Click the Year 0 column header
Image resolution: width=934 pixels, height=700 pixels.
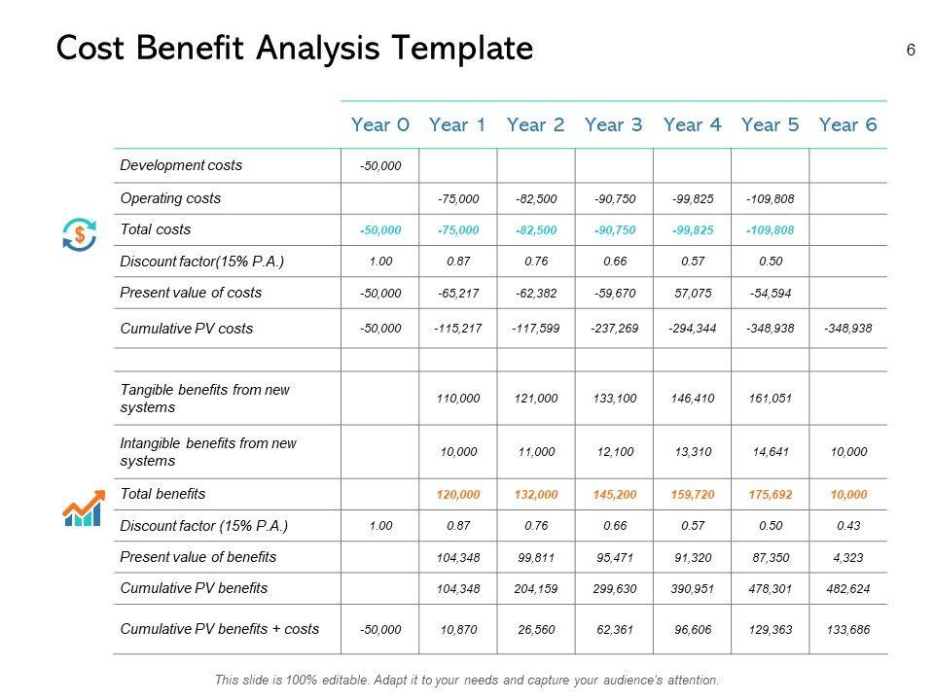[379, 124]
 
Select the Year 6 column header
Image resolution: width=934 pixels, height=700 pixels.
[848, 124]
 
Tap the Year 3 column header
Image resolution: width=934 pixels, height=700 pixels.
[614, 124]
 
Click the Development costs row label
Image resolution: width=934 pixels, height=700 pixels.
[181, 165]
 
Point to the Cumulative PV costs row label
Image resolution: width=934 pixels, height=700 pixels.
[186, 329]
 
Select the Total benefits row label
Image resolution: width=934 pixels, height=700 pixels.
[162, 494]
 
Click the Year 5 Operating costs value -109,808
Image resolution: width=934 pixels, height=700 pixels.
[771, 199]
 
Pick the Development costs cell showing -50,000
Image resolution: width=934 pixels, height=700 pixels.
[379, 166]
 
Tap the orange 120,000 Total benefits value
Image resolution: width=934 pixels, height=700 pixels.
[458, 495]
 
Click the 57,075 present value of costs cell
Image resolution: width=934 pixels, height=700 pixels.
[693, 293]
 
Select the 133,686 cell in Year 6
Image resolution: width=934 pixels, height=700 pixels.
[848, 630]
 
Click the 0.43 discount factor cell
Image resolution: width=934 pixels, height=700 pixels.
[848, 526]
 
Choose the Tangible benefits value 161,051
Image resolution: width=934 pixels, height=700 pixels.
[771, 398]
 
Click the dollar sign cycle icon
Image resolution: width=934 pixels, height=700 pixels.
[79, 233]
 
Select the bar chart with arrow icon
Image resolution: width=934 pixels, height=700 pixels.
[82, 508]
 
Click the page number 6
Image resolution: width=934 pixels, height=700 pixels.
[910, 51]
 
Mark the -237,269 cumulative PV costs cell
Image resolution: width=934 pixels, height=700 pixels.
[614, 329]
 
